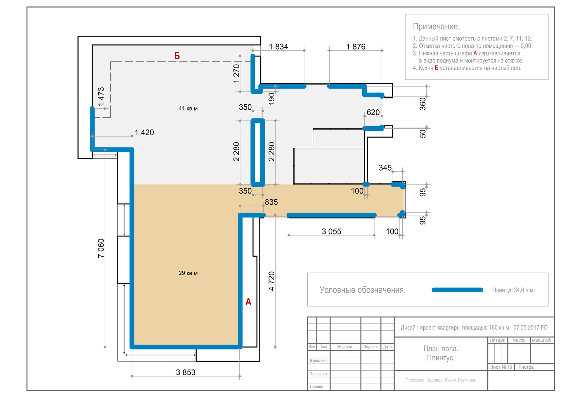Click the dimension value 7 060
coord(101,248)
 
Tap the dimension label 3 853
coord(186,372)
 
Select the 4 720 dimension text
coord(271,281)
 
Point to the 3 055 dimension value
coord(331,231)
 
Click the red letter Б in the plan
coord(177,56)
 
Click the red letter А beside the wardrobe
coord(248,302)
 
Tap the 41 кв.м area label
coord(188,108)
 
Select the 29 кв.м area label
coord(188,273)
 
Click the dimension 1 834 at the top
coord(278,47)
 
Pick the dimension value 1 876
coord(356,47)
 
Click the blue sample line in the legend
coord(457,290)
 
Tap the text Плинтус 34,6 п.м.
coord(513,290)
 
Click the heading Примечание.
coord(436,26)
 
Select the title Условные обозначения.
coord(363,290)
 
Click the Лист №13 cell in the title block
coord(501,367)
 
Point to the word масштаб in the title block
coord(541,340)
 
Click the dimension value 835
coord(271,202)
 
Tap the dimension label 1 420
coord(144,132)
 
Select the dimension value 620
coord(373,112)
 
